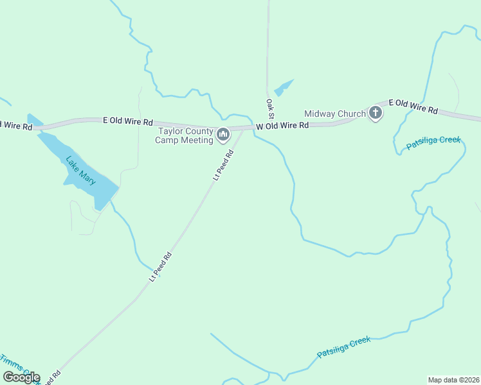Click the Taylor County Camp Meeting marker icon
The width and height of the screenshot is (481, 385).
click(223, 135)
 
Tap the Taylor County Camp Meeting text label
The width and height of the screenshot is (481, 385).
click(186, 136)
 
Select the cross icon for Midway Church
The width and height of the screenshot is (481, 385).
click(376, 114)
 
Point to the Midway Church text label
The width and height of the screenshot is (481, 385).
click(334, 114)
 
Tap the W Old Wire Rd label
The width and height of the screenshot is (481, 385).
click(282, 126)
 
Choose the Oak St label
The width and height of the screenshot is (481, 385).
click(270, 108)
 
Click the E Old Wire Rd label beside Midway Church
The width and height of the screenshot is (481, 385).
click(413, 107)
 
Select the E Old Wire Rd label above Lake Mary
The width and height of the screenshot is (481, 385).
click(129, 121)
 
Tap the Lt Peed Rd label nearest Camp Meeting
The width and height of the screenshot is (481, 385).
click(223, 165)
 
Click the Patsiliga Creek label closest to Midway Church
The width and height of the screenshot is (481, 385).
click(433, 143)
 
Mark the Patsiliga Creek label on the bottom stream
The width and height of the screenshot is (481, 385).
click(344, 347)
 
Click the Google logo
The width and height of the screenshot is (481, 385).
click(21, 377)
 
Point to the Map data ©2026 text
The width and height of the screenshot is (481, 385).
click(453, 379)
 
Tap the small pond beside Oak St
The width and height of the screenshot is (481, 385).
click(283, 87)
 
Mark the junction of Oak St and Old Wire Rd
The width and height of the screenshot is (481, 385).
click(268, 126)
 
